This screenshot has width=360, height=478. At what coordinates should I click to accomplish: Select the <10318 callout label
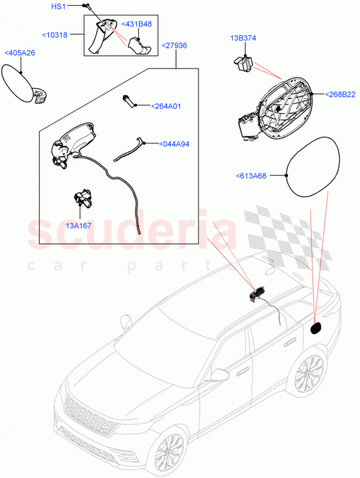[x=56, y=35]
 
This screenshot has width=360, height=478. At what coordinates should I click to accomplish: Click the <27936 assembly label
[x=175, y=45]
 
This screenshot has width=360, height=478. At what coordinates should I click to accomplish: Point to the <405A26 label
[x=19, y=53]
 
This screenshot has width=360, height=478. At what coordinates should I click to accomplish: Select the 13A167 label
[x=79, y=225]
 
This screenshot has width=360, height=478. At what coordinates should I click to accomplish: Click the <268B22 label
[x=340, y=94]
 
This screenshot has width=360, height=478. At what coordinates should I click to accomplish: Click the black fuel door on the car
[x=315, y=328]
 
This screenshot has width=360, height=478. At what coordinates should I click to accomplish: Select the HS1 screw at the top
[x=86, y=6]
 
